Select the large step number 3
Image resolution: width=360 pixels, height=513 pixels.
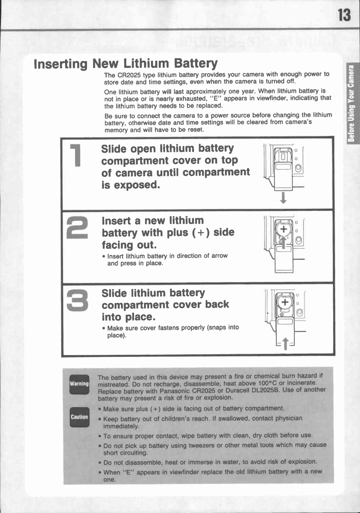pyautogui.click(x=77, y=300)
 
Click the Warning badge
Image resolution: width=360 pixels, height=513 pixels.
pyautogui.click(x=79, y=384)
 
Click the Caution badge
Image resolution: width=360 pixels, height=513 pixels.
pyautogui.click(x=79, y=417)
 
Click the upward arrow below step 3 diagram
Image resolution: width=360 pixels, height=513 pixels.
pyautogui.click(x=285, y=343)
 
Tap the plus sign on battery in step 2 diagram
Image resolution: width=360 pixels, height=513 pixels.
pyautogui.click(x=283, y=229)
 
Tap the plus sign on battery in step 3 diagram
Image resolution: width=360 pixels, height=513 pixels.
pyautogui.click(x=285, y=302)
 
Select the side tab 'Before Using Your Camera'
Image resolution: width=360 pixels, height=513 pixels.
pyautogui.click(x=351, y=103)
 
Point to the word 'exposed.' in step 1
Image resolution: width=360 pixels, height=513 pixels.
pyautogui.click(x=137, y=185)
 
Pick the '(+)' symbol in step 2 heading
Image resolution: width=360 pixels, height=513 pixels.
pyautogui.click(x=201, y=232)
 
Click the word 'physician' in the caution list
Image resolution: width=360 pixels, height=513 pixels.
pyautogui.click(x=289, y=418)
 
